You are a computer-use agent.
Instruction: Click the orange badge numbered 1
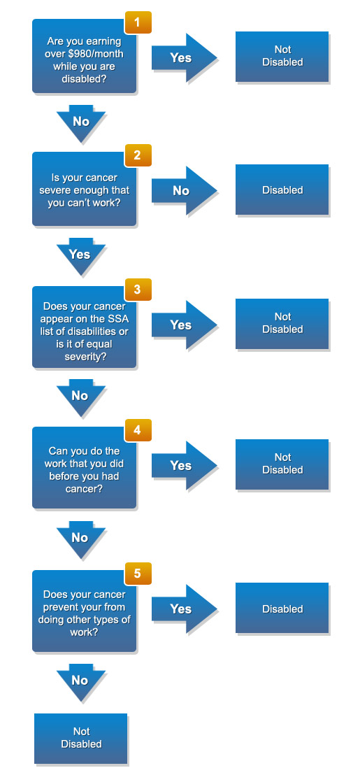pyautogui.click(x=138, y=22)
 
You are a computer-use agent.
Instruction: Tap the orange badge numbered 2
pyautogui.click(x=138, y=155)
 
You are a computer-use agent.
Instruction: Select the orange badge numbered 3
pyautogui.click(x=138, y=290)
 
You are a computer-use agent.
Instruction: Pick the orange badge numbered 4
pyautogui.click(x=138, y=430)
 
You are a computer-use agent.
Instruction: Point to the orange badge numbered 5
pyautogui.click(x=138, y=574)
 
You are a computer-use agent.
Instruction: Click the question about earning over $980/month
pyautogui.click(x=85, y=59)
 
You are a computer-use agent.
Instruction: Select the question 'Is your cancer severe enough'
pyautogui.click(x=85, y=190)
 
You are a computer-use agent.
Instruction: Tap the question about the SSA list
pyautogui.click(x=85, y=327)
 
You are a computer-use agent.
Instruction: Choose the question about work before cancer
pyautogui.click(x=85, y=469)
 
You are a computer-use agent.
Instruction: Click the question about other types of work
pyautogui.click(x=85, y=613)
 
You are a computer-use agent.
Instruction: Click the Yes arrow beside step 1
pyautogui.click(x=184, y=58)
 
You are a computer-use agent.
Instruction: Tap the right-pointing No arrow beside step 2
pyautogui.click(x=184, y=190)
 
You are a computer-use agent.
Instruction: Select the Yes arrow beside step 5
pyautogui.click(x=184, y=609)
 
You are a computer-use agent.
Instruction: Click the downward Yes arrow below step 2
pyautogui.click(x=81, y=257)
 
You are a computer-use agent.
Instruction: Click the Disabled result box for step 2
pyautogui.click(x=282, y=190)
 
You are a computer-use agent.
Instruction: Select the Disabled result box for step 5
pyautogui.click(x=282, y=609)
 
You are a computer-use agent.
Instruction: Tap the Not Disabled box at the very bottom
pyautogui.click(x=81, y=739)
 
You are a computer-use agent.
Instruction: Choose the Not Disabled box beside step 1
pyautogui.click(x=282, y=57)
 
